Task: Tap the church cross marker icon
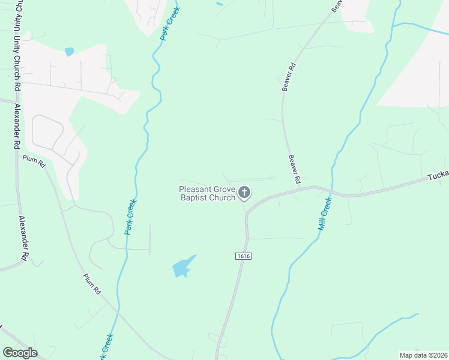tap(244, 193)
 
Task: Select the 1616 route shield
tap(243, 256)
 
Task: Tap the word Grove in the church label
tap(224, 189)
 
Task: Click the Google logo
tap(20, 353)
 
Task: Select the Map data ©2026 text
tap(423, 355)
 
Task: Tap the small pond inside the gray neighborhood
tap(69, 52)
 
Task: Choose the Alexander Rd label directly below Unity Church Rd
tap(17, 127)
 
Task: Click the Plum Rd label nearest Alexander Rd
tap(34, 161)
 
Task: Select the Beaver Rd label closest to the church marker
tap(294, 169)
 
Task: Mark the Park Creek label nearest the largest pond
tap(130, 217)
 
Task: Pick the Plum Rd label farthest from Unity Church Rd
tap(91, 283)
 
